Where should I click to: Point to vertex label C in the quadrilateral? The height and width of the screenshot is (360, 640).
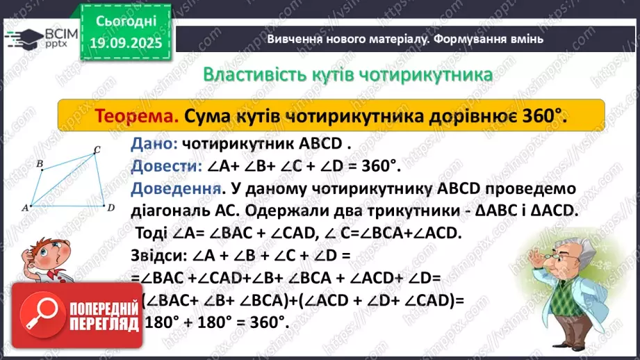click(x=97, y=149)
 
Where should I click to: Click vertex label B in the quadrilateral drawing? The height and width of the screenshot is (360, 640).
click(x=40, y=164)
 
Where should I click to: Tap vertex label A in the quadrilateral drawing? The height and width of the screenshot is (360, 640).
click(x=24, y=207)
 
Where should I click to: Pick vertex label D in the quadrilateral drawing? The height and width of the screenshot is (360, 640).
click(x=110, y=206)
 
